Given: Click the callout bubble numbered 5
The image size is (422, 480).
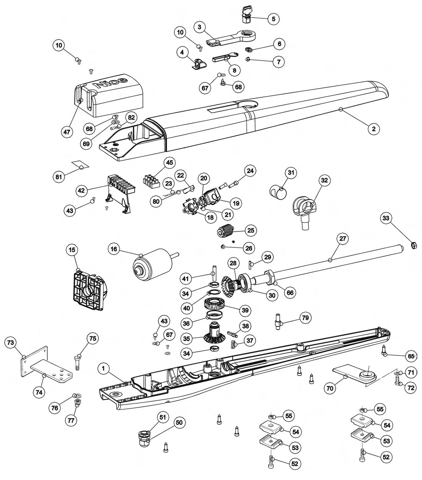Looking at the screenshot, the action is point(274,19).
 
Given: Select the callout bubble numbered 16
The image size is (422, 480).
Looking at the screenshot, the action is point(114,249).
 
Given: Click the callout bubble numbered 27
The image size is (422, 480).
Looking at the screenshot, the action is point(343,239).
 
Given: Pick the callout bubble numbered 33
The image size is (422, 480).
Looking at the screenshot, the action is point(386,218).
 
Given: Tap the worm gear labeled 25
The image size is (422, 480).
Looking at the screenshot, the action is point(226,230).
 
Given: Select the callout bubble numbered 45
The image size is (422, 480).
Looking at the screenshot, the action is point(169,163).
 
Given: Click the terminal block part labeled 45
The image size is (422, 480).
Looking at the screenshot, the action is point(151,182).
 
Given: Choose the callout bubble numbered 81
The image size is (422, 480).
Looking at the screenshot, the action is point(59,177).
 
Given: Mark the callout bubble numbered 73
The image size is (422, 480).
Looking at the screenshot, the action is point(11,342).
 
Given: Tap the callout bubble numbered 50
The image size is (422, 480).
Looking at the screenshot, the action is point(179,423).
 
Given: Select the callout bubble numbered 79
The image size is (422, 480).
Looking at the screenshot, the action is point(305,317).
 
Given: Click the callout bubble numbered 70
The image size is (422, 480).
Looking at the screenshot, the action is point(330,388).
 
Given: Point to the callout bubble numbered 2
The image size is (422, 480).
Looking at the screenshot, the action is point(374,129).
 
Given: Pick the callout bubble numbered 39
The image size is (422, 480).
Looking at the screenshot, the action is point(245,310).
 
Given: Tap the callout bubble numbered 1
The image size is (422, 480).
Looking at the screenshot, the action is point(103,369).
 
